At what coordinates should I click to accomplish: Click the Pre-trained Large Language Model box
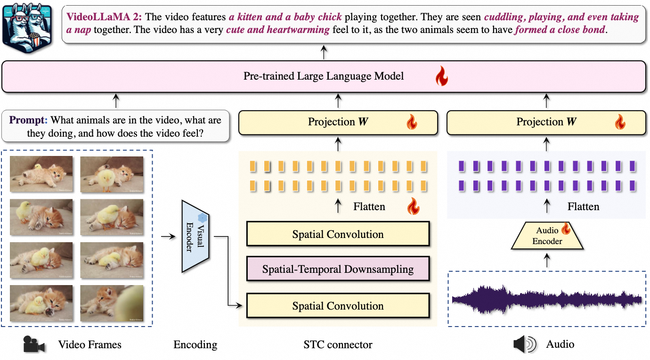323,76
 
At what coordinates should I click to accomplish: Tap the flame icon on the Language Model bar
441,76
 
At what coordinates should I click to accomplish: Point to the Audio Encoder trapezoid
547,236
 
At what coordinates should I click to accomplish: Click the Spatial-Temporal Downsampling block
338,270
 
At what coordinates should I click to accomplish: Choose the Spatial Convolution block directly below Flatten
338,234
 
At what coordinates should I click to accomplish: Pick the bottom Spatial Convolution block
338,306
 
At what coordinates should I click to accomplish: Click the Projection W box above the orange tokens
338,122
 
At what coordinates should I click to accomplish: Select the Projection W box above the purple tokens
546,122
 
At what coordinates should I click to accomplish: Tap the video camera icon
34,345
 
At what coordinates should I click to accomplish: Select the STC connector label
338,344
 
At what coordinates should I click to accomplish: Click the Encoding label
195,344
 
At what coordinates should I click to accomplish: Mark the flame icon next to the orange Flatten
413,206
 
